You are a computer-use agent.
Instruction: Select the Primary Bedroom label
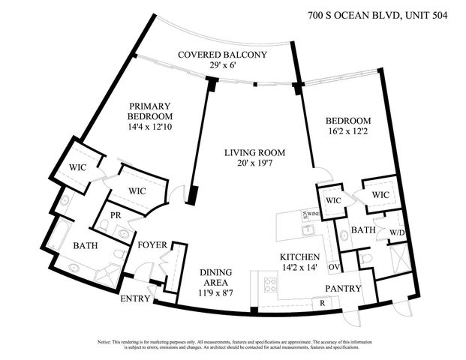coord(150,112)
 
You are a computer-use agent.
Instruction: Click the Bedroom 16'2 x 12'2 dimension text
coord(347,132)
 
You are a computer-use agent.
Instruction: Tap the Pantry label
coord(343,289)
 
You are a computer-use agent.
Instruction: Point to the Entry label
coord(135,298)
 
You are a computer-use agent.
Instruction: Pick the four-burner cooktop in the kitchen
coord(269,284)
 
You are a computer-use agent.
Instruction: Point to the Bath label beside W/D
coord(363,230)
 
